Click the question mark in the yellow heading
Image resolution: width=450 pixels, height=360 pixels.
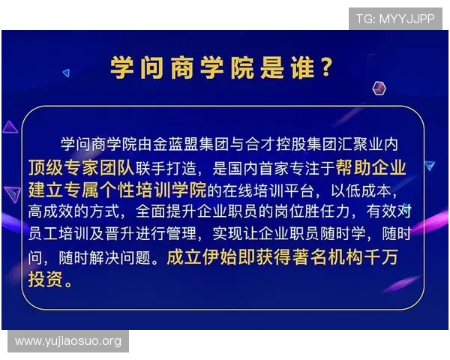[325, 68]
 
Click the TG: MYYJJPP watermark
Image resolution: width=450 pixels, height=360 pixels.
[394, 19]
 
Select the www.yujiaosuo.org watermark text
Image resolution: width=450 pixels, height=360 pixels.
[68, 342]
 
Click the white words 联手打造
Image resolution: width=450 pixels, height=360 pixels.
[157, 166]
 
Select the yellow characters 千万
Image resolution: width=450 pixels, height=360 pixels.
[385, 257]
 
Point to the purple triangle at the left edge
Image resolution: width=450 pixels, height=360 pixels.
[10, 127]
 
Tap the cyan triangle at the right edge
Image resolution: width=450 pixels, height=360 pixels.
[429, 166]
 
